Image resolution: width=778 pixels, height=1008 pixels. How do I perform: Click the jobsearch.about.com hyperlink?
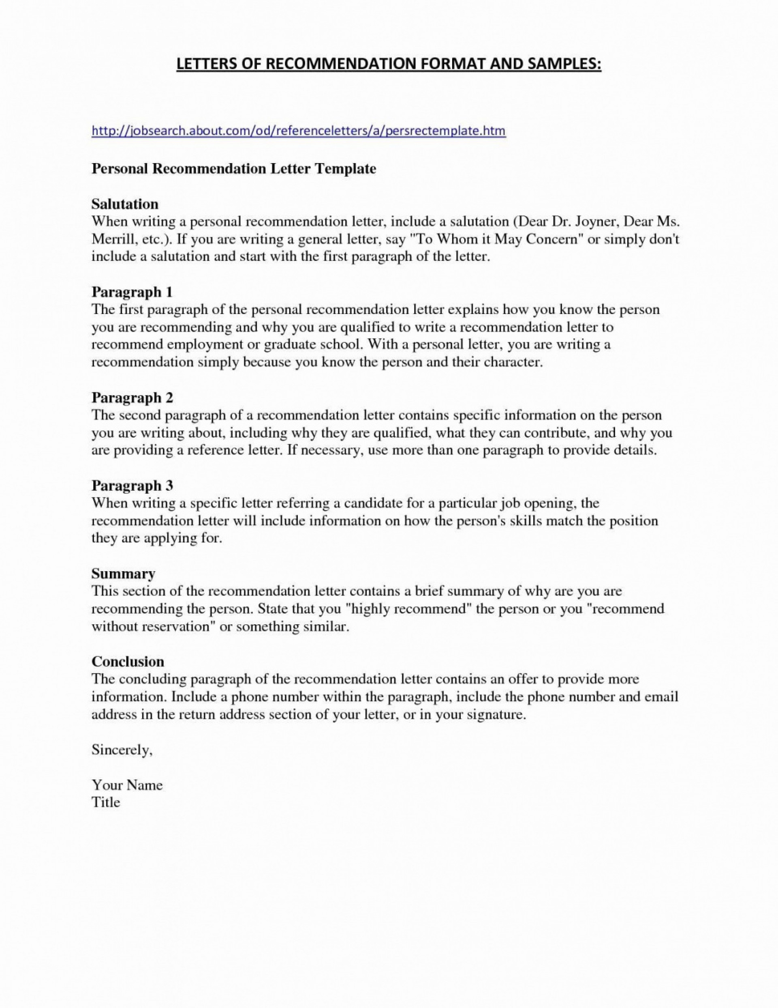coord(298,131)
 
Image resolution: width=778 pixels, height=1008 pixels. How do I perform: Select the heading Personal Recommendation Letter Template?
coord(234,168)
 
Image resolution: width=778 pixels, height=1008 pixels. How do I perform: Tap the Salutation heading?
coord(124,204)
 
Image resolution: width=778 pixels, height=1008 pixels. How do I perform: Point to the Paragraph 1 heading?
coord(132,292)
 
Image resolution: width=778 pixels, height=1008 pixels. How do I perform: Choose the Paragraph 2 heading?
coord(132,398)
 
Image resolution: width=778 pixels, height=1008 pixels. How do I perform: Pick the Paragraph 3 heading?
coord(132,485)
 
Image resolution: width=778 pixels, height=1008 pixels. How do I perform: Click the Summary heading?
coord(123,574)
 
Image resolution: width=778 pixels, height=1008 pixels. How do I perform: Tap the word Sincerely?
coord(122,750)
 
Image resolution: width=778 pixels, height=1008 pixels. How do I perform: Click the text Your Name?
coord(127,784)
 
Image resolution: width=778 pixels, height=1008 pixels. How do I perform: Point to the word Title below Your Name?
coord(106,802)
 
